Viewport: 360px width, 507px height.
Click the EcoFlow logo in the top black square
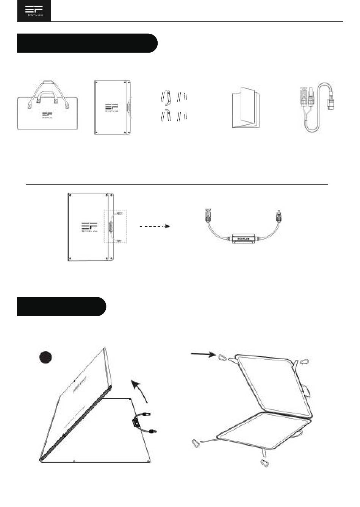pyautogui.click(x=34, y=11)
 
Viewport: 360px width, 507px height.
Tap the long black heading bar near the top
pyautogui.click(x=87, y=43)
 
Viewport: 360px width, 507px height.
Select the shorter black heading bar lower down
pyautogui.click(x=61, y=306)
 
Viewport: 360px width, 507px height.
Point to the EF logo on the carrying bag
pyautogui.click(x=47, y=115)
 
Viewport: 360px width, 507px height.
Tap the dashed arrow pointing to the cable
pyautogui.click(x=155, y=226)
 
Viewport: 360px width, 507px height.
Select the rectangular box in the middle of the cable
pyautogui.click(x=244, y=239)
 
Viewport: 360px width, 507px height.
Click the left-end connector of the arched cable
pyautogui.click(x=207, y=215)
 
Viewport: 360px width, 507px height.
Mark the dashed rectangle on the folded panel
pyautogui.click(x=115, y=226)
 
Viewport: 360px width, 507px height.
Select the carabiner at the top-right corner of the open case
pyautogui.click(x=304, y=362)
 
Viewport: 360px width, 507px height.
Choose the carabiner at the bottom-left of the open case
pyautogui.click(x=195, y=443)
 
